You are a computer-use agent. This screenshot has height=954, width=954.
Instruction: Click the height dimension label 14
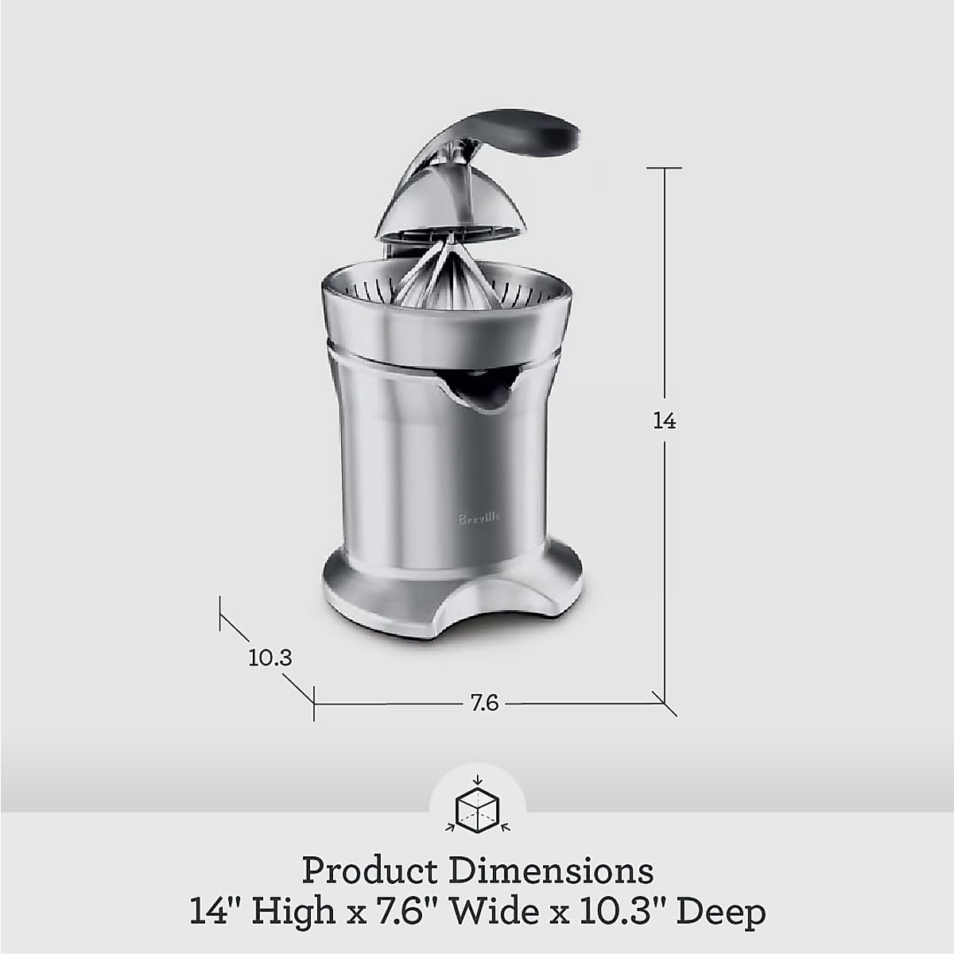[664, 421]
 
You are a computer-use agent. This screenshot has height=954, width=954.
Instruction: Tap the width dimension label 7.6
[484, 703]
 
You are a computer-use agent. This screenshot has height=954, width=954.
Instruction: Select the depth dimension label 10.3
[270, 657]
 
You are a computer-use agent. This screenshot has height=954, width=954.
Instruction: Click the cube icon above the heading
[477, 809]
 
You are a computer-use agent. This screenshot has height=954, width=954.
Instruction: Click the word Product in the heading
[370, 871]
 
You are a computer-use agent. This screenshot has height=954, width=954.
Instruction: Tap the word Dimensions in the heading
[551, 871]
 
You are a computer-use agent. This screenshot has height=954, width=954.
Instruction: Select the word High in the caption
[293, 911]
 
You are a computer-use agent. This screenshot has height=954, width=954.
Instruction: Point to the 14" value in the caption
[215, 910]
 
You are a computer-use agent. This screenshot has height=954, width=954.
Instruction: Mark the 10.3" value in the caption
[622, 910]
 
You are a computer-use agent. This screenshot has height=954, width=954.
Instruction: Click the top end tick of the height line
[664, 168]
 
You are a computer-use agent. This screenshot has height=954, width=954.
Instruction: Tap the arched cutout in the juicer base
[493, 624]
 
